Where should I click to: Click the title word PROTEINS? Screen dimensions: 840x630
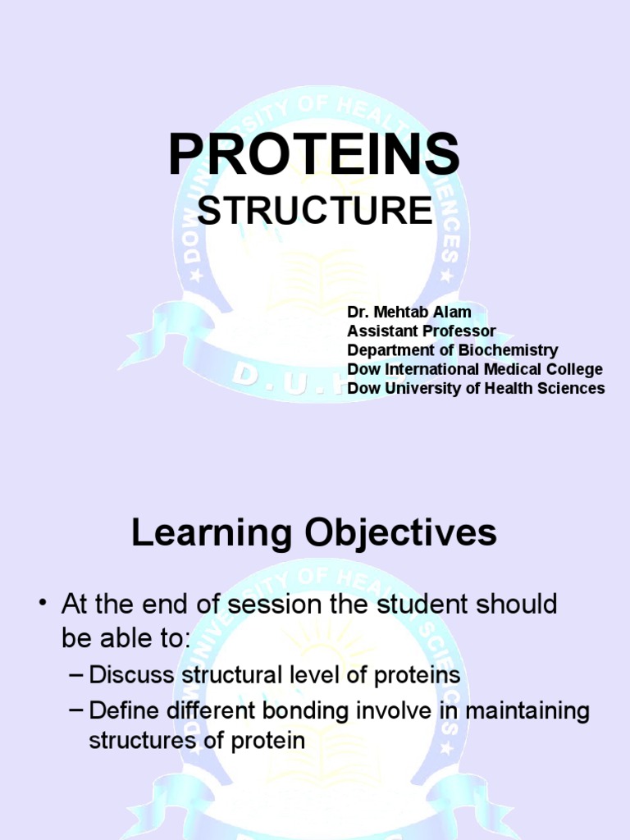click(314, 154)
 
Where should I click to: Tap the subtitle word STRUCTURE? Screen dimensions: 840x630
click(314, 212)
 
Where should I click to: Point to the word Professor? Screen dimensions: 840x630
click(459, 331)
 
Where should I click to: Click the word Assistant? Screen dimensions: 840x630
click(382, 331)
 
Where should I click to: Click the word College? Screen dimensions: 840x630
click(573, 369)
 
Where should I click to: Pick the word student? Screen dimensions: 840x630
click(422, 605)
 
